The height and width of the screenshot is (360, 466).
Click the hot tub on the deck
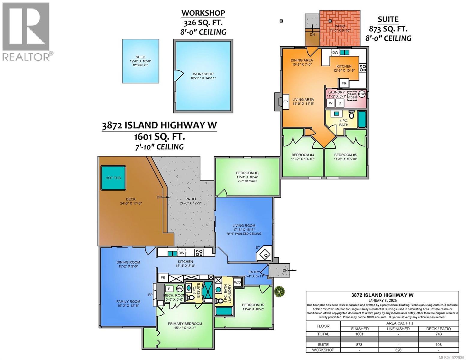click(x=113, y=178)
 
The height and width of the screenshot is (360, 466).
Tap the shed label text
click(x=140, y=61)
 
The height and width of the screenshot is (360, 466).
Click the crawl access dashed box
click(x=352, y=95)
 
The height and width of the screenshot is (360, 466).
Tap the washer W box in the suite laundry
click(x=331, y=103)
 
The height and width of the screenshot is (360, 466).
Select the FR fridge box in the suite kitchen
click(x=344, y=83)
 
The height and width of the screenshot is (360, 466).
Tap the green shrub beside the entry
click(x=279, y=291)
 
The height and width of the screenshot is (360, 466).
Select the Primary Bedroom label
click(x=185, y=324)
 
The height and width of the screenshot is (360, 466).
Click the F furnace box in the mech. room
click(x=169, y=289)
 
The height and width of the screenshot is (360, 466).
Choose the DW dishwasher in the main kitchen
click(x=181, y=253)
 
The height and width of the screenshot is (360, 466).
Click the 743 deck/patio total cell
click(x=438, y=334)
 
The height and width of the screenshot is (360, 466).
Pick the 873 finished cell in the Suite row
click(x=359, y=345)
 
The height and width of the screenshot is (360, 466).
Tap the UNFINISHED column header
click(x=398, y=328)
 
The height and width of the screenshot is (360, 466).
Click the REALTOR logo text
click(x=27, y=56)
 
